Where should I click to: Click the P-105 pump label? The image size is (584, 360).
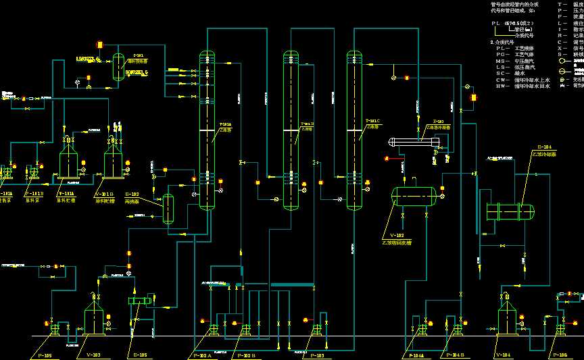45,354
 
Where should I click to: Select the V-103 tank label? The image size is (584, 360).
93,354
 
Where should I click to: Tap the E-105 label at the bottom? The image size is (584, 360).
140,354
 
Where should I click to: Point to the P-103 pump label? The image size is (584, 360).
315,355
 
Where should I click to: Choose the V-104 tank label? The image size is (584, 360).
503,355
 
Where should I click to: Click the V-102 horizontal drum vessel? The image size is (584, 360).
414,197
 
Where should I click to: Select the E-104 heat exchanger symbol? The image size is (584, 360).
511,212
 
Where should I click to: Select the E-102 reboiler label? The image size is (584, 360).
132,195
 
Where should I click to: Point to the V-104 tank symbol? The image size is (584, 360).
508,316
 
